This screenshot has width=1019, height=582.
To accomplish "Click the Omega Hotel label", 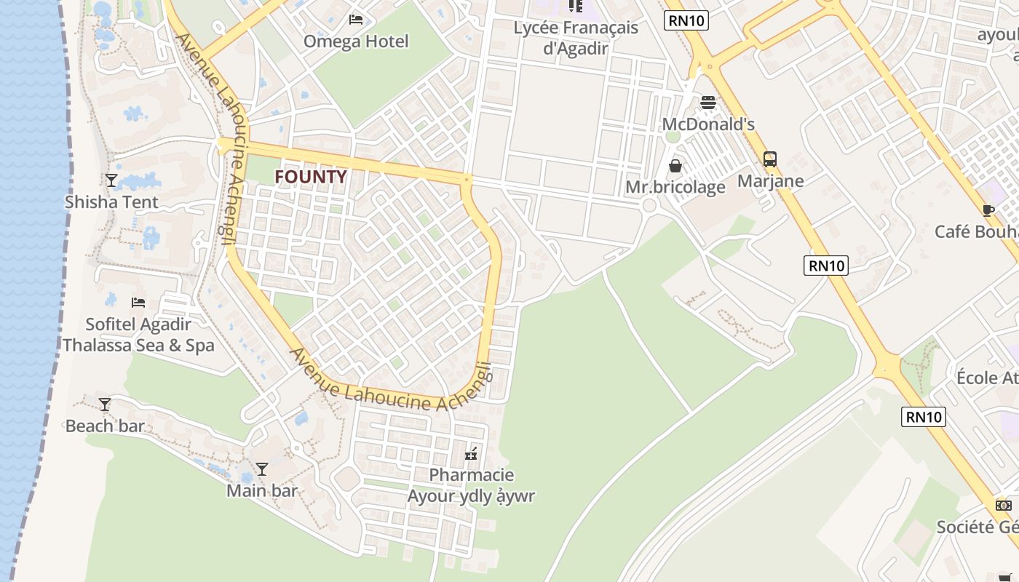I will coord(356,41).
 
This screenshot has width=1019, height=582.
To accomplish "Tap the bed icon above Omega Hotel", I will coord(356,19).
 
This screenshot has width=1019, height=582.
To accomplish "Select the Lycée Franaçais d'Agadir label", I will coord(576,38).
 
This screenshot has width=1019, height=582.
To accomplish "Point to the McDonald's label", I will coord(708,124).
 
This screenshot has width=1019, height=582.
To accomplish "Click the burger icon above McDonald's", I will coord(708,103).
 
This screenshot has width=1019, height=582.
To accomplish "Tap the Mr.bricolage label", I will coord(675,188).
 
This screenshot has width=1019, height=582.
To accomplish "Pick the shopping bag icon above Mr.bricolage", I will coord(675,166).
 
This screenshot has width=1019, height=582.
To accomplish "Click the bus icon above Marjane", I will coord(770,159).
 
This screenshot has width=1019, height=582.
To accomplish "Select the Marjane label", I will coord(771,181).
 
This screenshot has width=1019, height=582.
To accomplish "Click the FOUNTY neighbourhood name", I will coord(310,177).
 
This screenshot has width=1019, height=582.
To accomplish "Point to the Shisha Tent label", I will coord(111,202).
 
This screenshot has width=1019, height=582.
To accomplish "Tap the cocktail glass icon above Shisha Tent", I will coord(111,180).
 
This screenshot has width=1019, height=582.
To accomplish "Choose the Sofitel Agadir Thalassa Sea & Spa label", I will coord(138,335).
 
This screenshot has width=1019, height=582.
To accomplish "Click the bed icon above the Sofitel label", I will coord(138,302).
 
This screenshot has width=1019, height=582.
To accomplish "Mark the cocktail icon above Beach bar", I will coord(105,404).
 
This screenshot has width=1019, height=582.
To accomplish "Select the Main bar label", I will coord(262,491).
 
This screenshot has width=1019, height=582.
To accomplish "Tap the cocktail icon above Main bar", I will coord(262,469).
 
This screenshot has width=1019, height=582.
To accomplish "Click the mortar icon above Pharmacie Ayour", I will coord(472,454).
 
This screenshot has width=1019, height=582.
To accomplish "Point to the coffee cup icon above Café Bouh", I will coord(988,210).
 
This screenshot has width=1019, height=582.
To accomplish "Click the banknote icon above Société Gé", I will coord(1004,506).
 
